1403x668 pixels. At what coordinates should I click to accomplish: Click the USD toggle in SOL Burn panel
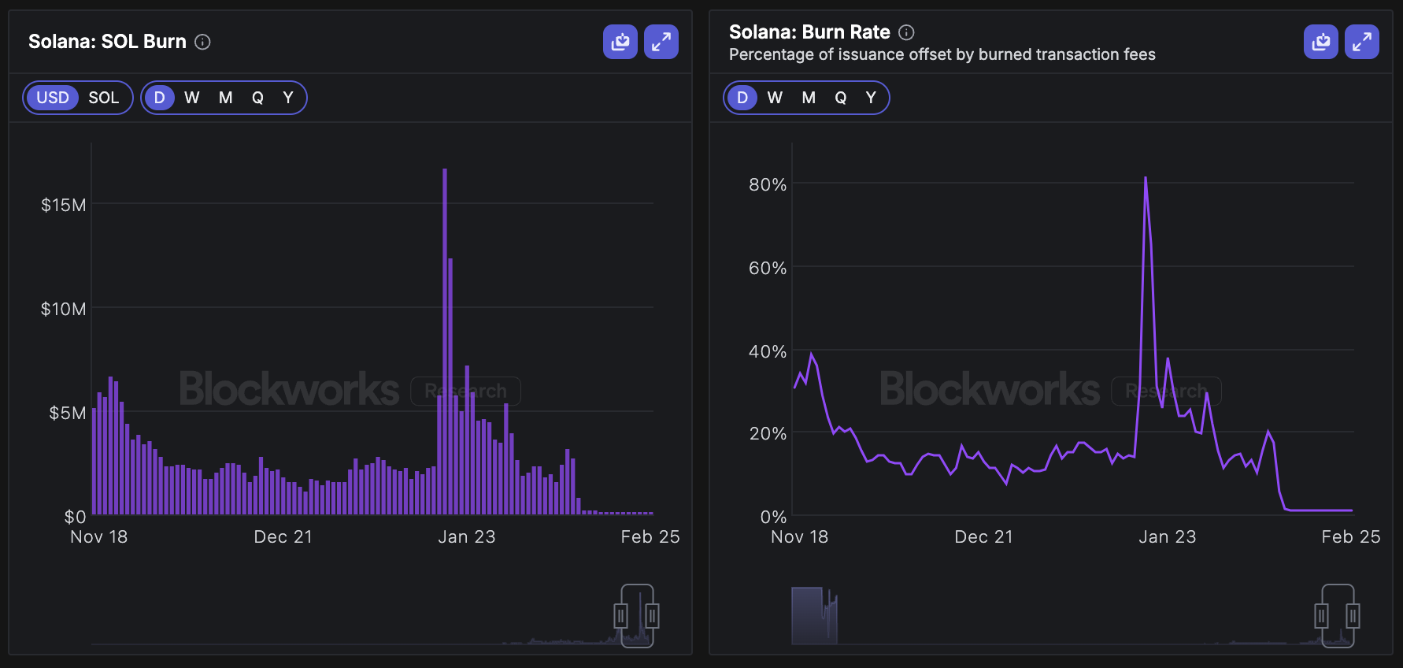[53, 98]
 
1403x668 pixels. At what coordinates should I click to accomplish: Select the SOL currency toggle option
[103, 98]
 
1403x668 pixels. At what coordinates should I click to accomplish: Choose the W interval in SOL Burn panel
[191, 98]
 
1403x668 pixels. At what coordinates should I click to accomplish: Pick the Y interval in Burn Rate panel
[871, 98]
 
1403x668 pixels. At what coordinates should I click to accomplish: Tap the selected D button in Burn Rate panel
[742, 98]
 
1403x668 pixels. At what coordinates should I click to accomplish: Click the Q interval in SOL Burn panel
[257, 98]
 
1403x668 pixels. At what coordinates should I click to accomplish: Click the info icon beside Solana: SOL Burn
[202, 42]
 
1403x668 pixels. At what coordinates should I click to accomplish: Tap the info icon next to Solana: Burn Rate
[906, 32]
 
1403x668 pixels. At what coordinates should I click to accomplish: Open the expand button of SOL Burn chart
[661, 42]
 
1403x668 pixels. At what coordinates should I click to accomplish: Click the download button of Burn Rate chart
[1321, 42]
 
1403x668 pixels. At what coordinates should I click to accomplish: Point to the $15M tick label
[63, 205]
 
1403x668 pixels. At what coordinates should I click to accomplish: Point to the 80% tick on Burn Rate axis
[767, 184]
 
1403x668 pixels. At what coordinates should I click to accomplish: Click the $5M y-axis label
[67, 413]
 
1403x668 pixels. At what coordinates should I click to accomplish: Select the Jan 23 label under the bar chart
[466, 536]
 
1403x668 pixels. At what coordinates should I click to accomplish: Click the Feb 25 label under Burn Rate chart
[1350, 536]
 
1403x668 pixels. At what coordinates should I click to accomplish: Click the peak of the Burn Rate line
[1146, 178]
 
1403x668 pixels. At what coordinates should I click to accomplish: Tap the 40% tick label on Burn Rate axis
[767, 351]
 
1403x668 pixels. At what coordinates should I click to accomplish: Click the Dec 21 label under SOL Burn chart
[283, 536]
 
